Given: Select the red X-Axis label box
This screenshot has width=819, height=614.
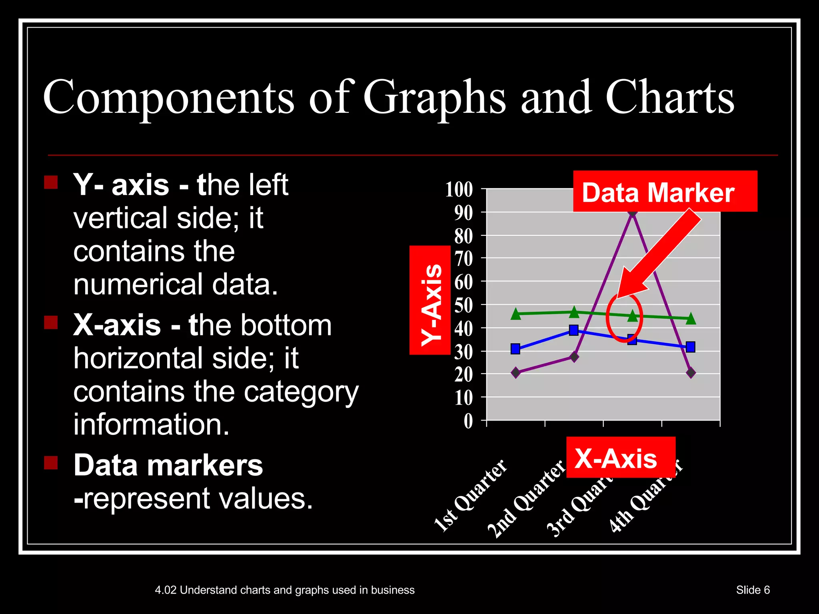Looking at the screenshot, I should (x=620, y=457).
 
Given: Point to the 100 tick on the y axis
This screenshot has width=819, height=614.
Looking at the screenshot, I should (x=459, y=189).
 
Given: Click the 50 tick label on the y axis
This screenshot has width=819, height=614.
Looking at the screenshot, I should (x=463, y=305).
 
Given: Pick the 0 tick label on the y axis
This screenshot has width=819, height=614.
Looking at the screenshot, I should (x=468, y=421).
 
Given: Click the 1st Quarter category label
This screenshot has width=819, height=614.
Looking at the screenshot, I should (x=471, y=496).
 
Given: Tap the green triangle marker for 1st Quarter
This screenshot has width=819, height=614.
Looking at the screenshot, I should (x=516, y=314).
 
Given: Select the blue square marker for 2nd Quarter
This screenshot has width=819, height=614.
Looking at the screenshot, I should (x=574, y=330).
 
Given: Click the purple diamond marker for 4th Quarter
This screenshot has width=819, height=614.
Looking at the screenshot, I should (x=691, y=373).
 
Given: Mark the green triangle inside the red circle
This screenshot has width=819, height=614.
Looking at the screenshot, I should (x=632, y=316).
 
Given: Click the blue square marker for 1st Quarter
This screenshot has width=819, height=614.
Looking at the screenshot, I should (x=515, y=349).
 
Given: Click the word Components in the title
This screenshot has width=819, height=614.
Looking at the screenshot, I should (x=168, y=98).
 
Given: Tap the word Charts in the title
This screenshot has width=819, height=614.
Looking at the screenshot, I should (x=670, y=98).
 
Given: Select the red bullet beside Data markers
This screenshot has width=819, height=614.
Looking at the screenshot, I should (x=51, y=463).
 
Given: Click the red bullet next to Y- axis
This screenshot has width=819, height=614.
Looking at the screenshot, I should (x=51, y=182).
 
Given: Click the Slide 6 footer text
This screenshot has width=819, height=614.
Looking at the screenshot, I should (x=753, y=590).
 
